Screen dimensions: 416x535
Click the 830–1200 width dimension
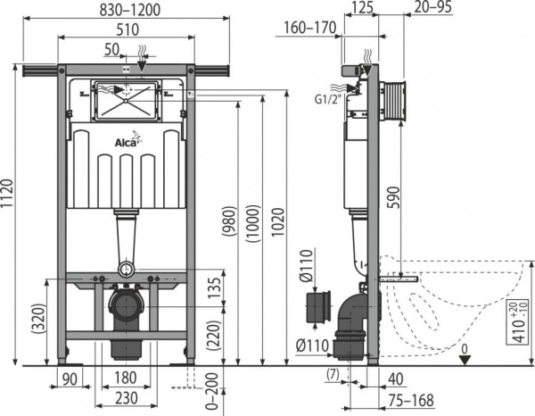tap(125, 11)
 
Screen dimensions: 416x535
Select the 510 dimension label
tap(126, 30)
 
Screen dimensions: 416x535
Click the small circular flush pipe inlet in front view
tap(127, 268)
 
